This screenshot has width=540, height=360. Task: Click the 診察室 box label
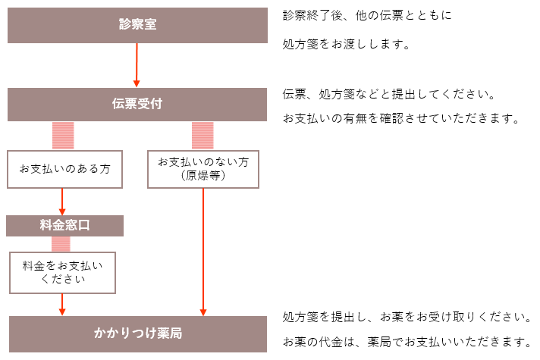coord(138,24)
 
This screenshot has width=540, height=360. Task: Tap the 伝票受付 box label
coord(137,104)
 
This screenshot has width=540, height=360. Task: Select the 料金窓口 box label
coord(64,225)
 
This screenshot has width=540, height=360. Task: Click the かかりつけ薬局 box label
coord(138,333)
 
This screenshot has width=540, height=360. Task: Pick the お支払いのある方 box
coord(64,169)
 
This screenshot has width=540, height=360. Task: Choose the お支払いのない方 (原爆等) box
coord(203,169)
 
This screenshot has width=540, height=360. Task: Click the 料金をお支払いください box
coord(62,273)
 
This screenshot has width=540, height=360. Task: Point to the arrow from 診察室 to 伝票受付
coord(137,65)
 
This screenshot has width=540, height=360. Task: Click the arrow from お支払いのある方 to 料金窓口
coord(62,202)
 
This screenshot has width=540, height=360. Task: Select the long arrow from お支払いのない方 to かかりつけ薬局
coord(203,252)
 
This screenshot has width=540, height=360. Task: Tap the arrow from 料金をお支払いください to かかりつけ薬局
coord(62,305)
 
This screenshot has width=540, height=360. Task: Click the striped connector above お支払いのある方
coord(63,136)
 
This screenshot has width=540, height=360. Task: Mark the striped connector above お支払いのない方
coord(202,136)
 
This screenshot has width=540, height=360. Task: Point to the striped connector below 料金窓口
coord(61,244)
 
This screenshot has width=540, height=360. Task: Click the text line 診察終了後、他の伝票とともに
coord(367,15)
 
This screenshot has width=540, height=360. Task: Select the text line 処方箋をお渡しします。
coord(347,45)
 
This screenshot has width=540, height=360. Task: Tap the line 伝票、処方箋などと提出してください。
coord(389,94)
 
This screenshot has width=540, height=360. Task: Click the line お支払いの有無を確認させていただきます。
coord(401,118)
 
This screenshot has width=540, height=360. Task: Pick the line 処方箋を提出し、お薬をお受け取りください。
coord(407,317)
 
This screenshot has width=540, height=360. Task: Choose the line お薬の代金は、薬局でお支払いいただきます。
coord(407,342)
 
